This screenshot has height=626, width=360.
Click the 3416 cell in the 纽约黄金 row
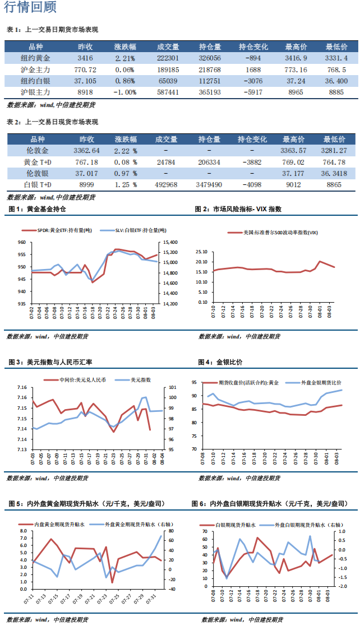[x=85, y=58]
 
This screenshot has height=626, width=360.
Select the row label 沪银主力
[x=35, y=92]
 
